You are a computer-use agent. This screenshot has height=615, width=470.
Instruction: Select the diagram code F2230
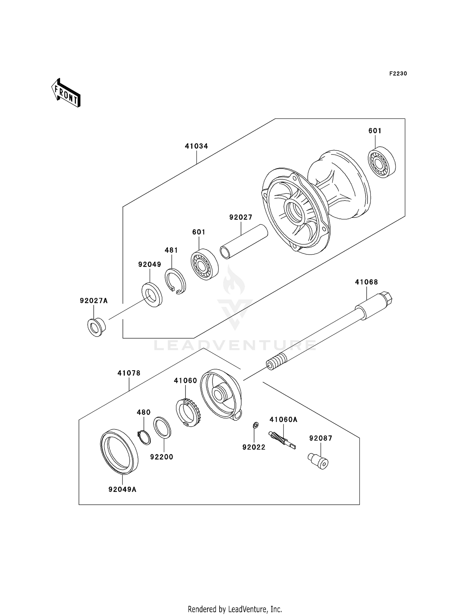coord(398,74)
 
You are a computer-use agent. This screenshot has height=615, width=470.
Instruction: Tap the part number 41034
coord(196,146)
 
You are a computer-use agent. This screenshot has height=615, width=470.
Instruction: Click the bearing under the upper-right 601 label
coord(381,162)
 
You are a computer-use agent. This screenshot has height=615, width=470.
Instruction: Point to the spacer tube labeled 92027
coord(244,241)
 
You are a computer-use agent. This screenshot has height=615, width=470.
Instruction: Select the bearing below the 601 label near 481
coord(204,264)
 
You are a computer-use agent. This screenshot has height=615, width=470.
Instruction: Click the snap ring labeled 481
coord(175,281)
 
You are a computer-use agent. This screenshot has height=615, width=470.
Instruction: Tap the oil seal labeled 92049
coord(152,295)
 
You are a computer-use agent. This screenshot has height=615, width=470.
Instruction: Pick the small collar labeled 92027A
coord(96,327)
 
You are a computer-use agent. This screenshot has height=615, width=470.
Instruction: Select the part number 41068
coord(366,282)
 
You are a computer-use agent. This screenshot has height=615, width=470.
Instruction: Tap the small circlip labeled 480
coord(144,437)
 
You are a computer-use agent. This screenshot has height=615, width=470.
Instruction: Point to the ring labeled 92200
coord(162,427)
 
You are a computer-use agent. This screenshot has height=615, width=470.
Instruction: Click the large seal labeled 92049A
coord(119,451)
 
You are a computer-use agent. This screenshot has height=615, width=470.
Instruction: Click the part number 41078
coord(129,373)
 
